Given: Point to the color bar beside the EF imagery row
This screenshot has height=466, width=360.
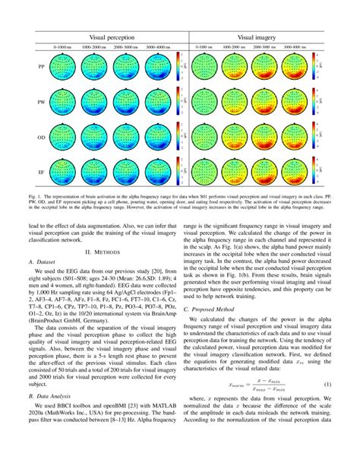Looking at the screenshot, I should pyautogui.click(x=320, y=173).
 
